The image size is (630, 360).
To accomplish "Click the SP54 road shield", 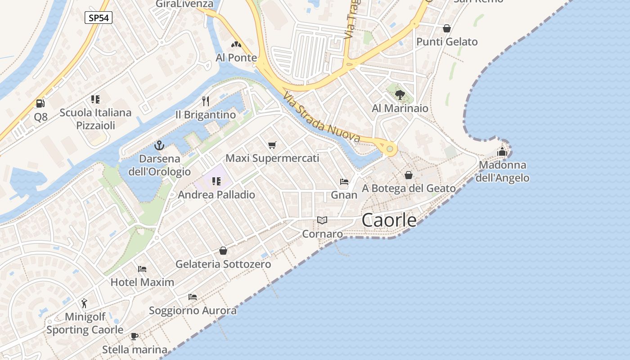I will click(x=98, y=18).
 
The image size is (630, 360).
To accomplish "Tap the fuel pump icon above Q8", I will click(x=40, y=103).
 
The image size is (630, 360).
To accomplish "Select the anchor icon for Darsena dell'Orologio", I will click(x=159, y=145).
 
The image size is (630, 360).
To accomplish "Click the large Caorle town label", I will click(x=389, y=220).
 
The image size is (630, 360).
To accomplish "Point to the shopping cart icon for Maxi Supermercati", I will click(x=272, y=145).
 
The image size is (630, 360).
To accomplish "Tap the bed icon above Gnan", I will click(x=344, y=182).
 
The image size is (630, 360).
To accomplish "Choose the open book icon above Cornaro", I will click(x=322, y=220).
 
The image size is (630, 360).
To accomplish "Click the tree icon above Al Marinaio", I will click(x=400, y=94).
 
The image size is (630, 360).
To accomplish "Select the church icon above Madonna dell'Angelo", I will click(x=502, y=152).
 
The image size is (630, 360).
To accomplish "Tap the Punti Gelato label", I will click(x=447, y=42).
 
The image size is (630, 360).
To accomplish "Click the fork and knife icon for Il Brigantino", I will click(x=206, y=100).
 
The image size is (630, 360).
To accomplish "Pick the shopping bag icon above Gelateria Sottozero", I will click(x=223, y=251).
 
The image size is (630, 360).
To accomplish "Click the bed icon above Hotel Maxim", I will click(x=142, y=269).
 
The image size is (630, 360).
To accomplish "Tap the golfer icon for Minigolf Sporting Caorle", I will click(x=85, y=303).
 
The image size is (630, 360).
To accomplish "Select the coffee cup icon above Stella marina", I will click(x=134, y=336).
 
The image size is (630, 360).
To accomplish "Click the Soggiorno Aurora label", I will click(x=193, y=310).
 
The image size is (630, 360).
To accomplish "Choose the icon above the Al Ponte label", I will click(x=236, y=45).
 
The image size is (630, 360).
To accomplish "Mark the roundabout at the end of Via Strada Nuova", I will click(x=390, y=149).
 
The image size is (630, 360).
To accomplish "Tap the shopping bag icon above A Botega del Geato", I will click(x=409, y=175).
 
